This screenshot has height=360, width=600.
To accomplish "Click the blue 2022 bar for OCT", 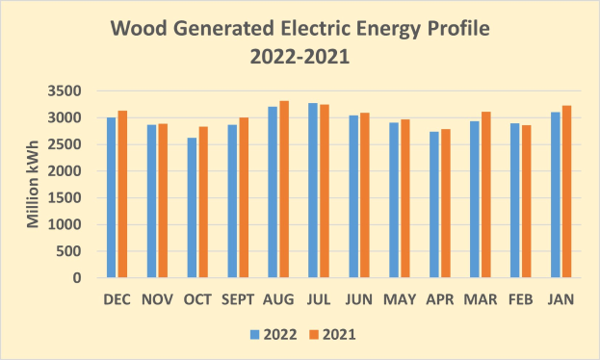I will point(193,208).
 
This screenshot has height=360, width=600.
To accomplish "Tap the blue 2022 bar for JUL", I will point(314,191).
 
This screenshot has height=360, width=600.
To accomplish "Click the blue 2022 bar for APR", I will point(434,205).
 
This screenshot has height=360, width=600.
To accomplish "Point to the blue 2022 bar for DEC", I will point(112,197).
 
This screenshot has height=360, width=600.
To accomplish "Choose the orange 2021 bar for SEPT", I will point(245,198).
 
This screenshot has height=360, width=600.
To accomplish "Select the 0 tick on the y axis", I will point(86,278).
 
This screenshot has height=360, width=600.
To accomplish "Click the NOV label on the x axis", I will point(157,300).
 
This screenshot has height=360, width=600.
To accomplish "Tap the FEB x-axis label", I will point(520,300).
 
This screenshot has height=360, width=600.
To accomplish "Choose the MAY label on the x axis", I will point(399,300).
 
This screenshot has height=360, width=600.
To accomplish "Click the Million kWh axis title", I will point(33,185).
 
